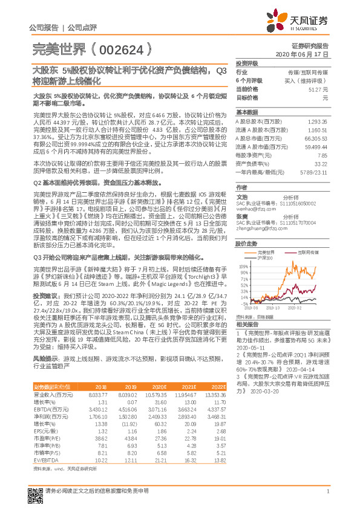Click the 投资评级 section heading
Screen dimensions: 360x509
click(x=247, y=63)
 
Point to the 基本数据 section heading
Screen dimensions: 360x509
click(x=247, y=112)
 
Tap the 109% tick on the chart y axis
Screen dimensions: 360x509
click(x=242, y=266)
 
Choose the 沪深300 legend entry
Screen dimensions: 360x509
click(x=264, y=258)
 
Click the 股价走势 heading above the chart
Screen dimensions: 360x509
click(x=247, y=244)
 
